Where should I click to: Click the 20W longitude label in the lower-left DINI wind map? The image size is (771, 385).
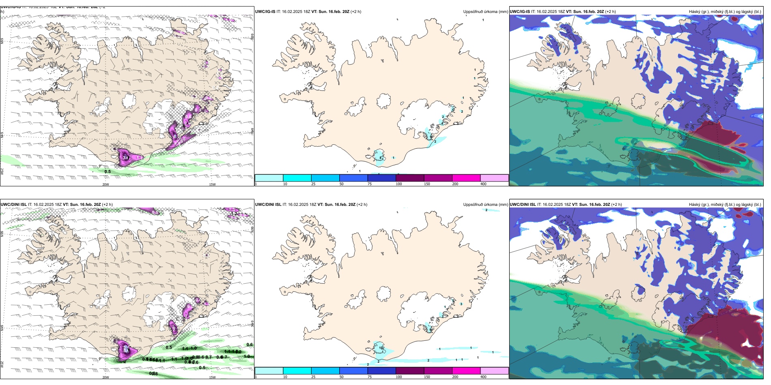point(106,377)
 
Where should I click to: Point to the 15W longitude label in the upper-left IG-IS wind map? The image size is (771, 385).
point(212,184)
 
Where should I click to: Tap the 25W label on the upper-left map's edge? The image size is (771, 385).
point(2,171)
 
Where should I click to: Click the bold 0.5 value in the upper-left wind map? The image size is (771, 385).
point(108,171)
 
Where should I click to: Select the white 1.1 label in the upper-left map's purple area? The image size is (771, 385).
point(138,157)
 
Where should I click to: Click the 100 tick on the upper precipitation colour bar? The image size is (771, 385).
point(399,184)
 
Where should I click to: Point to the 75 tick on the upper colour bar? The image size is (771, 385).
point(370,184)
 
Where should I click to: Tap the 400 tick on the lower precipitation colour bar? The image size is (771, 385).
point(483,377)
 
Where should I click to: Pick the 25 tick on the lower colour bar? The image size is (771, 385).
point(313,377)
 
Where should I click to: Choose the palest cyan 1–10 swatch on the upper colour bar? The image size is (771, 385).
point(269,178)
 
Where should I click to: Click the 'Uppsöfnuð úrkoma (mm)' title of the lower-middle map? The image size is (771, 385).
point(485,205)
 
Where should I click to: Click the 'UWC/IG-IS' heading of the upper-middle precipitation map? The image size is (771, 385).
point(265,12)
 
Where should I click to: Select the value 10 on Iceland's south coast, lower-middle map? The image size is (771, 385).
point(381,348)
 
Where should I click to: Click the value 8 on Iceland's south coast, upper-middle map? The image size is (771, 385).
point(380,157)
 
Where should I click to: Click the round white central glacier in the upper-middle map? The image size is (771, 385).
point(384,101)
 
